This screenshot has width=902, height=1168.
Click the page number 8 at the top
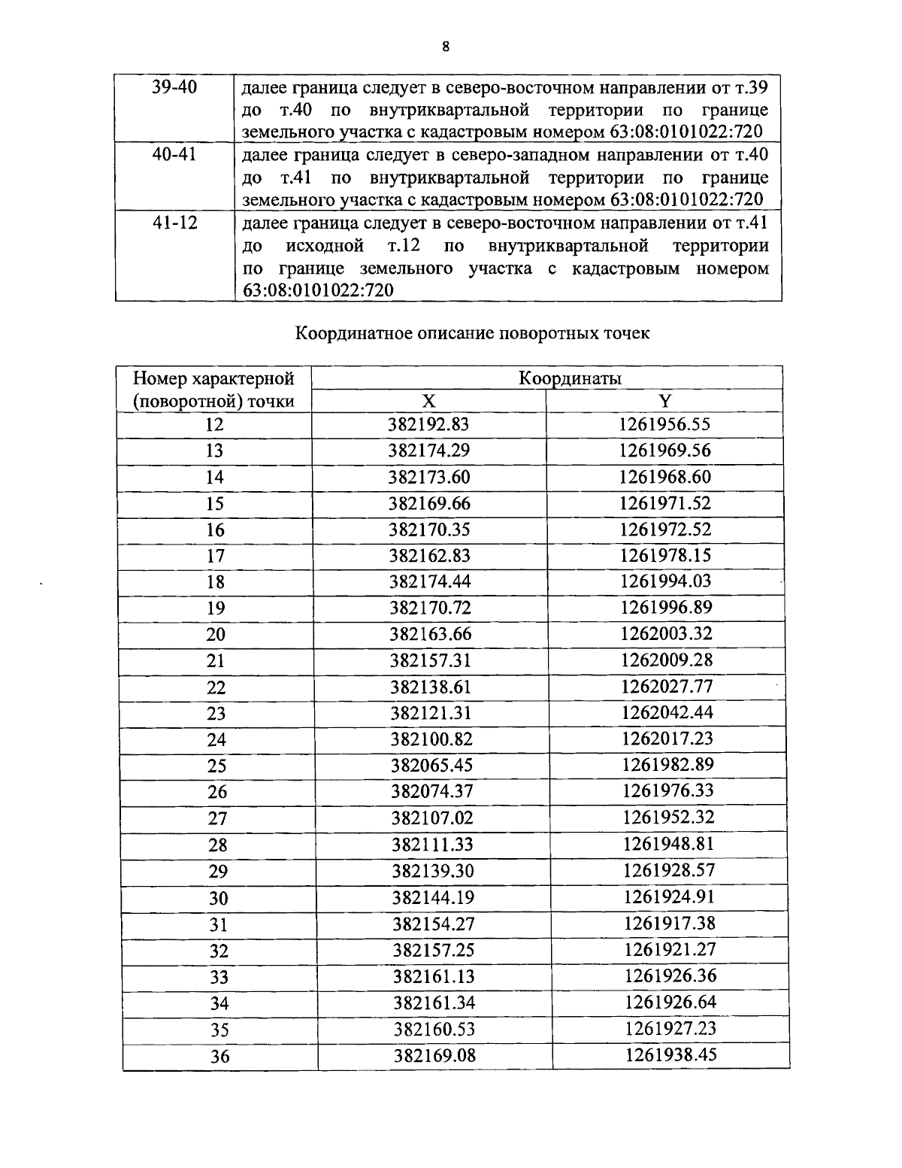[446, 47]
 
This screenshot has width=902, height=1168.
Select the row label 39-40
[174, 87]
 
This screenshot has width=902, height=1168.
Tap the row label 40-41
[174, 156]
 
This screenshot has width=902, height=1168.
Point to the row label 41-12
[174, 223]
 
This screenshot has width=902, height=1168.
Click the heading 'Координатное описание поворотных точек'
[472, 333]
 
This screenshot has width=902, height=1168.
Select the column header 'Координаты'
[570, 378]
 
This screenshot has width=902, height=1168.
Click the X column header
[428, 401]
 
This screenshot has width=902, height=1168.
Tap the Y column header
[664, 401]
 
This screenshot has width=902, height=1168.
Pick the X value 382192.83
[428, 424]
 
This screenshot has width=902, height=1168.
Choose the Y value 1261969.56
[664, 451]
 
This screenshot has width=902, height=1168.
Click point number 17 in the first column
[215, 557]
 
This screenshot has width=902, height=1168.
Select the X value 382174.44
[430, 581]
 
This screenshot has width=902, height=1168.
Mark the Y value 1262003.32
[666, 633]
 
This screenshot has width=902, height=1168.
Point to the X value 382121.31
[431, 712]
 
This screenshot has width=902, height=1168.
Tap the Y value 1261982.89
[667, 765]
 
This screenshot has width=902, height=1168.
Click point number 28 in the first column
[217, 845]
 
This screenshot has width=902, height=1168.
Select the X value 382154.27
[434, 924]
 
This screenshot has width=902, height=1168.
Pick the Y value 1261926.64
[670, 1002]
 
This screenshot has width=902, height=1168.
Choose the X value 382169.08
[435, 1056]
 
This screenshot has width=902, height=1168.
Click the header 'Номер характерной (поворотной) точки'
[213, 390]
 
